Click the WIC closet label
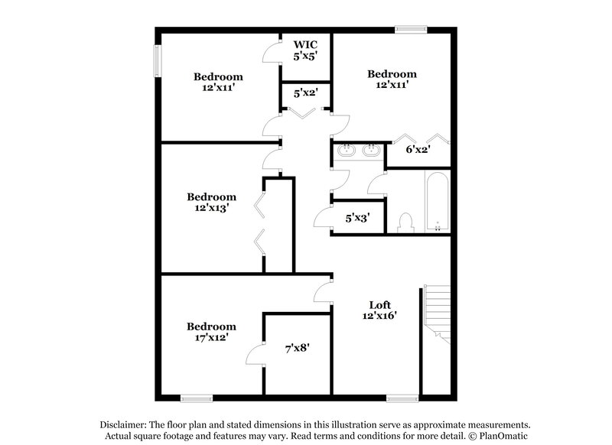[305, 44]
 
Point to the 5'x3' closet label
[357, 218]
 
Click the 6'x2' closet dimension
[417, 149]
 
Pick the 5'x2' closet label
[305, 93]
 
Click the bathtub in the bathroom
[438, 200]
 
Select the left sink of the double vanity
[347, 151]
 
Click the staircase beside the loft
[436, 313]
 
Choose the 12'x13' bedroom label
[211, 201]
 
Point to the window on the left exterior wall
[158, 60]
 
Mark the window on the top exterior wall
[411, 30]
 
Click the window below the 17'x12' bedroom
[197, 397]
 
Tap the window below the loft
[402, 397]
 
